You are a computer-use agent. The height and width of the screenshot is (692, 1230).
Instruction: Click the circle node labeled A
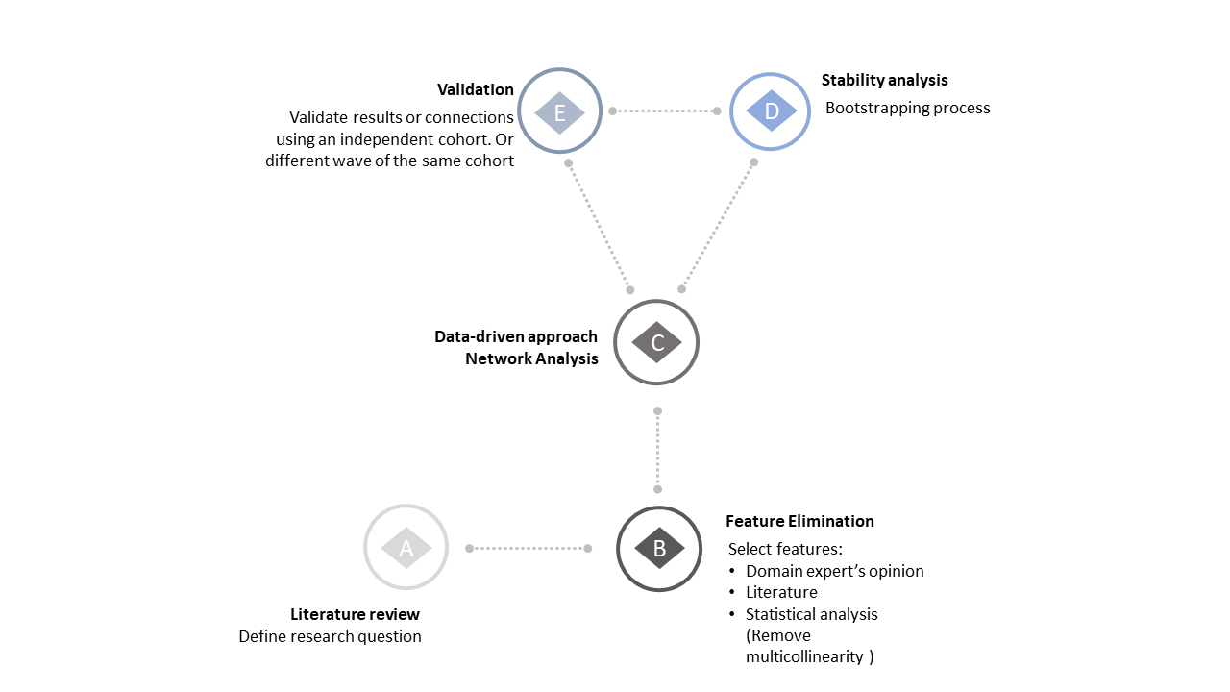(x=406, y=548)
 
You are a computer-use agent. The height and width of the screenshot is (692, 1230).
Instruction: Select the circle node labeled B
(x=658, y=548)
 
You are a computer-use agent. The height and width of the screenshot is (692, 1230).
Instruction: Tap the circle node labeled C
(x=656, y=342)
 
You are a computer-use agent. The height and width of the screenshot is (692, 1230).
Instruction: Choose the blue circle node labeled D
(x=771, y=111)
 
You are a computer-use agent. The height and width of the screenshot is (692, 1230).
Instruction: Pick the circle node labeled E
(x=559, y=111)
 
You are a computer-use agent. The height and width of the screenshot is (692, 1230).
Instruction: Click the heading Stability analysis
(x=884, y=81)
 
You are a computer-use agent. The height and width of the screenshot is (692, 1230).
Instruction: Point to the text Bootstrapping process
(x=907, y=108)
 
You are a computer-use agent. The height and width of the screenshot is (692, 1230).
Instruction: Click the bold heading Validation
(x=475, y=89)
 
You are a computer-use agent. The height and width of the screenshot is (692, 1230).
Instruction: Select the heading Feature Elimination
(x=799, y=521)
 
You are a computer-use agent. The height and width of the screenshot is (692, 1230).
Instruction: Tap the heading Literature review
(x=355, y=614)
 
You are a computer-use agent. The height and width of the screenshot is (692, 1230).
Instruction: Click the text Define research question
(x=330, y=636)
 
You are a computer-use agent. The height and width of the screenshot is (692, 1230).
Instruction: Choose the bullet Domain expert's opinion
(x=834, y=571)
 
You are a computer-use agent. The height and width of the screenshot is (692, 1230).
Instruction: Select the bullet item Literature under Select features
(x=781, y=592)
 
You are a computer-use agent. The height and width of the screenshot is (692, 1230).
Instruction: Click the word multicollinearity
(x=804, y=657)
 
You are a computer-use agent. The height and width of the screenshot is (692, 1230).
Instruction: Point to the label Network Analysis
(x=531, y=358)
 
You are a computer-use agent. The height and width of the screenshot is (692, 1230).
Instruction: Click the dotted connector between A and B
(x=529, y=548)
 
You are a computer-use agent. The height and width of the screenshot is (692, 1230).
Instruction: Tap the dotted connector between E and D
(x=665, y=111)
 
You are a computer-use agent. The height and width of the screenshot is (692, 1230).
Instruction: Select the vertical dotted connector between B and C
(x=657, y=450)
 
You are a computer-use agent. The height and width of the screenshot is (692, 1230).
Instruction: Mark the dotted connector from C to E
(x=599, y=226)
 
